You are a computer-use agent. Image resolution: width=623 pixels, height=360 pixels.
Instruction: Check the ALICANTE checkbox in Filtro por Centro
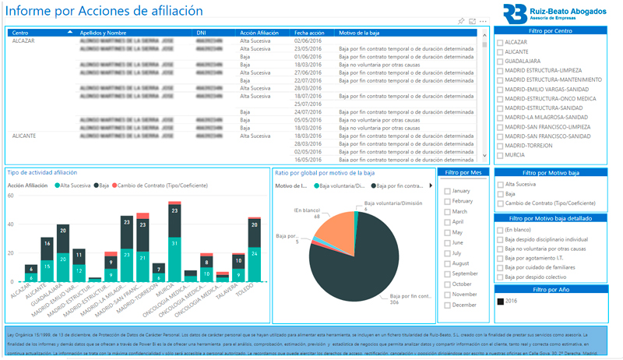click(500, 51)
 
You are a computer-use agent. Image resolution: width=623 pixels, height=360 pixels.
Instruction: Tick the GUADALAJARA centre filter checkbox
click(500, 61)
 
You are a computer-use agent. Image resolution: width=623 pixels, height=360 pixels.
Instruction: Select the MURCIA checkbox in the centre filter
click(500, 155)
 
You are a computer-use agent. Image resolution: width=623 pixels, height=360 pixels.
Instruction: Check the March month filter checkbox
click(447, 211)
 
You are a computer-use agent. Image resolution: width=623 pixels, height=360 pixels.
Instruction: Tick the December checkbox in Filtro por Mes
click(447, 305)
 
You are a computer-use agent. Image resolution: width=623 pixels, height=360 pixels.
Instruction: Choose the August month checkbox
click(447, 263)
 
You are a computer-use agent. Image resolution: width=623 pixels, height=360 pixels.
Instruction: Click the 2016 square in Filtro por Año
click(500, 300)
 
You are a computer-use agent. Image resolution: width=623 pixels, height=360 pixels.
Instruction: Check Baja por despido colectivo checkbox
click(500, 277)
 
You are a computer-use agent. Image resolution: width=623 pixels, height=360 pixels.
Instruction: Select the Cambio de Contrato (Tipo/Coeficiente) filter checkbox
click(500, 203)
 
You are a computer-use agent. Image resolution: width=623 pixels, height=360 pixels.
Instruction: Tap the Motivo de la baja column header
click(360, 33)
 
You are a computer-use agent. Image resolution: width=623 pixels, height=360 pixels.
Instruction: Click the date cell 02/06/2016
click(308, 41)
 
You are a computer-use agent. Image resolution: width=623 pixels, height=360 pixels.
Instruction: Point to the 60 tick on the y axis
click(11, 196)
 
